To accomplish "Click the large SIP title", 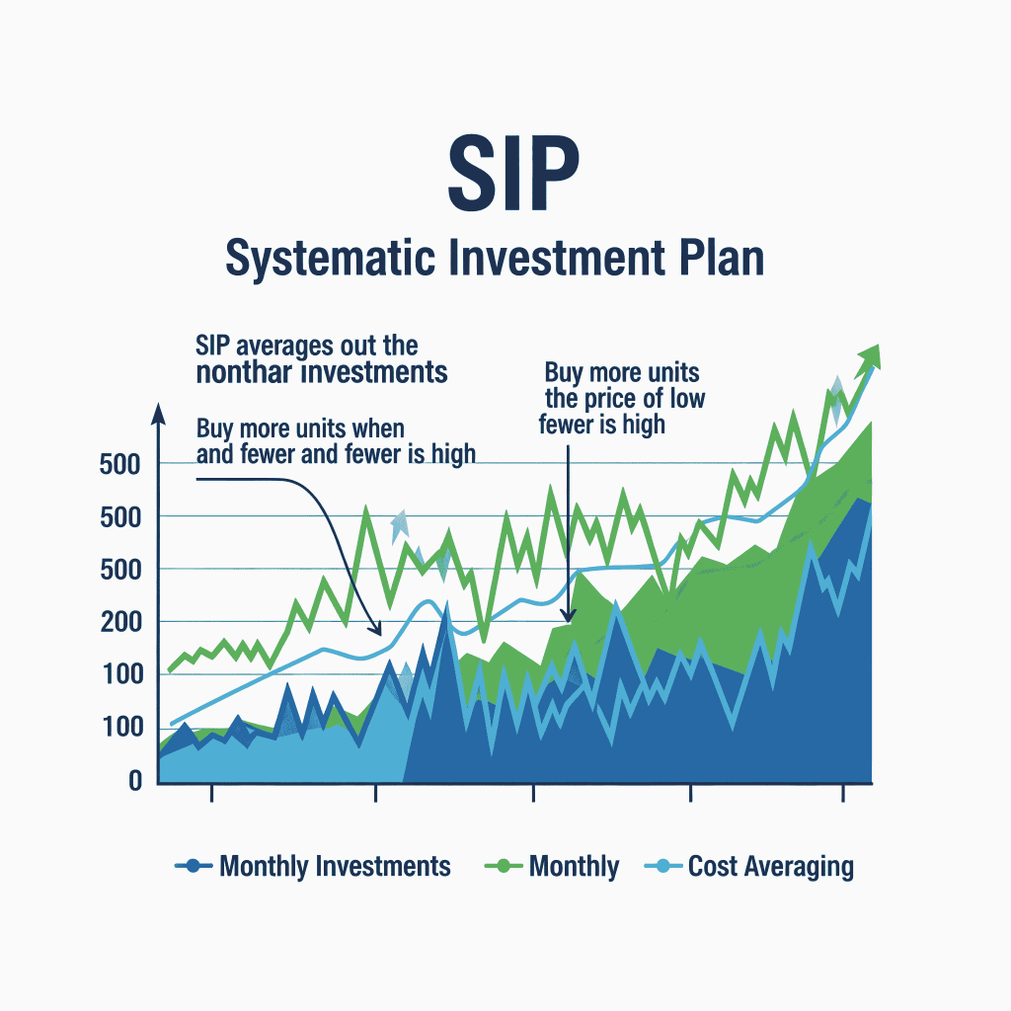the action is (513, 173).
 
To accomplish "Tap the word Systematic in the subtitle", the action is (330, 258).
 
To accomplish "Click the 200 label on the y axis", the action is (120, 622).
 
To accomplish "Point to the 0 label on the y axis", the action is (135, 780).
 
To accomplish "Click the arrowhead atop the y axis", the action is (158, 414).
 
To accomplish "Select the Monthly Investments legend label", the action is (335, 866).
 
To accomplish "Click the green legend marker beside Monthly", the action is (503, 866).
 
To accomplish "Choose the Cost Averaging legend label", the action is (770, 867).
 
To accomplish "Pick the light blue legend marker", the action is (663, 866).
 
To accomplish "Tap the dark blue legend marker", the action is (194, 866).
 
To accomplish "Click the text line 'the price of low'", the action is (625, 399).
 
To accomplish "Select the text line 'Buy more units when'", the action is (300, 428).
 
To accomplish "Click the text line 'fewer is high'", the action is (602, 425).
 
